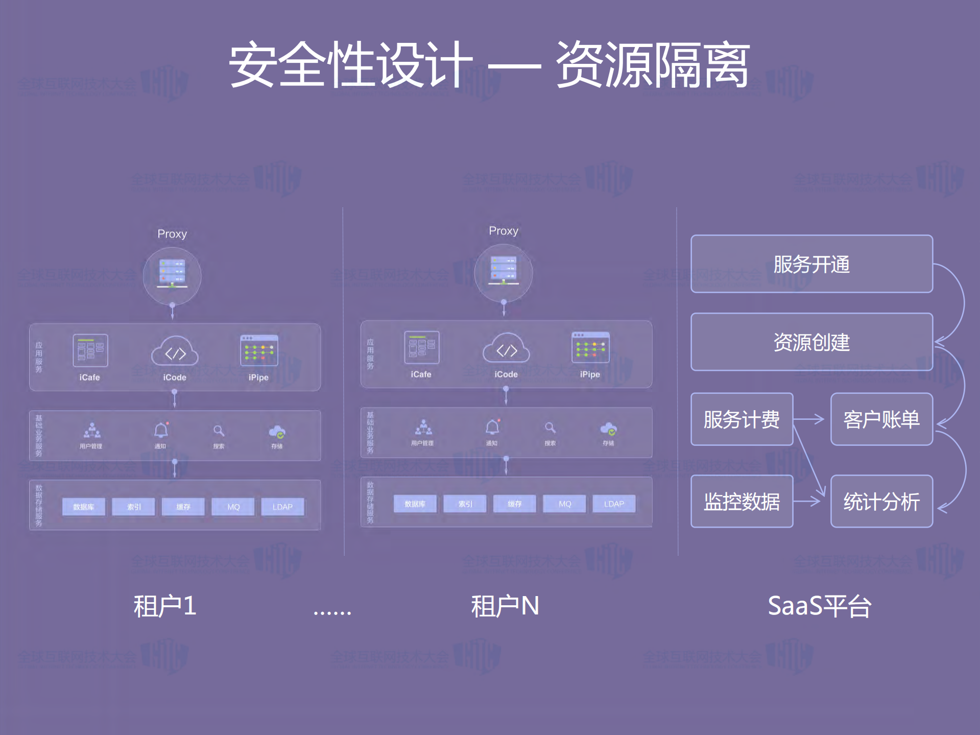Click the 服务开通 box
pos(811,264)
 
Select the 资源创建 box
pos(811,342)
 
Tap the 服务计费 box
pos(742,419)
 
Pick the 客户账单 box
pos(881,419)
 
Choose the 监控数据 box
pos(742,502)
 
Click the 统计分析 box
pos(881,502)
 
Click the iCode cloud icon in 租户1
pos(175,351)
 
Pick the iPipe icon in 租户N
pos(590,347)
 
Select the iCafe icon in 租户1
pos(90,350)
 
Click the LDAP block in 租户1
pos(282,507)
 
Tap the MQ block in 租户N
pos(565,504)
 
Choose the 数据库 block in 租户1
pos(83,507)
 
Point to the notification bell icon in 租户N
pos(492,427)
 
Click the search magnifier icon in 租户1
pos(219,431)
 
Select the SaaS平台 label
pos(819,606)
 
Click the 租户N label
pos(505,606)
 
